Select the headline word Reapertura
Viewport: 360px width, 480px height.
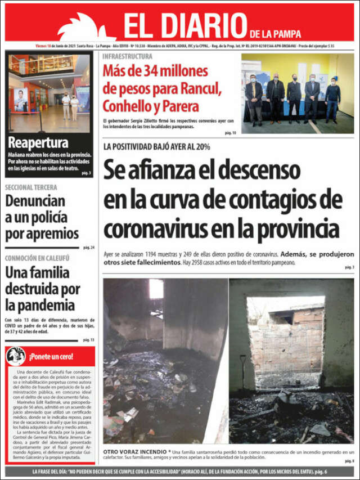(38, 142)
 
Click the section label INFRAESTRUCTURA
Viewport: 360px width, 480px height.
(127, 56)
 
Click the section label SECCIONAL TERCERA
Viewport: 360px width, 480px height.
(34, 187)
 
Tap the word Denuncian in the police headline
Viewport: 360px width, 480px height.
(36, 201)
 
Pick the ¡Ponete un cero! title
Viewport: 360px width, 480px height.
(51, 356)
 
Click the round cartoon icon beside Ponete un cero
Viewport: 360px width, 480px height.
(16, 356)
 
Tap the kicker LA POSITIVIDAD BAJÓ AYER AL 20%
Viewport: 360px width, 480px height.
(156, 147)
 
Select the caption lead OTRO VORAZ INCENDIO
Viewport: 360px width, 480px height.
(134, 452)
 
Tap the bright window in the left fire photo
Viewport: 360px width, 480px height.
(155, 289)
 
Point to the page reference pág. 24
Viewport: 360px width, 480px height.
(89, 248)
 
